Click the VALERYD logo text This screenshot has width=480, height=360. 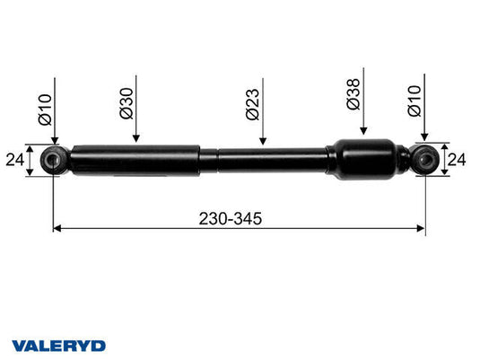pos(59,345)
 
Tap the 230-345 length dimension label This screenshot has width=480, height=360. pos(239,217)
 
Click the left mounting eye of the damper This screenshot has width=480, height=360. pos(54,161)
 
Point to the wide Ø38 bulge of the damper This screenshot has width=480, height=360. pos(362,159)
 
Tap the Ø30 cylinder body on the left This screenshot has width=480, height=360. pos(135,160)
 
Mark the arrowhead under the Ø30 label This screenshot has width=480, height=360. pos(135,138)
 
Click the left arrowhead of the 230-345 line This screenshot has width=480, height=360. pos(58,229)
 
